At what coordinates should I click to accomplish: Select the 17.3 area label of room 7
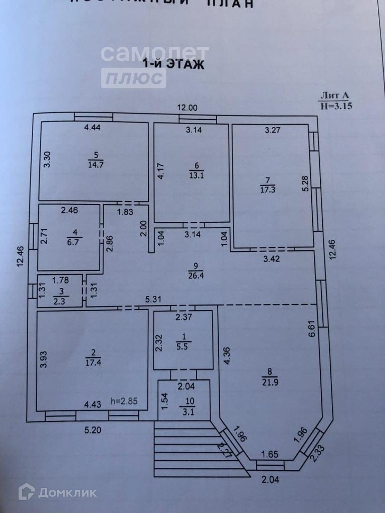[x=268, y=189]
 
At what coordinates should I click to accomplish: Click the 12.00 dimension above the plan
[x=187, y=108]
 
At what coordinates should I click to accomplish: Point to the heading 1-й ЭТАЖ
[x=174, y=65]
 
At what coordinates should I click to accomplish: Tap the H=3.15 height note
[x=336, y=106]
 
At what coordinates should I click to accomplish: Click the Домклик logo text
[x=67, y=493]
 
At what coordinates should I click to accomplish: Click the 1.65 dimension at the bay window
[x=269, y=455]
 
